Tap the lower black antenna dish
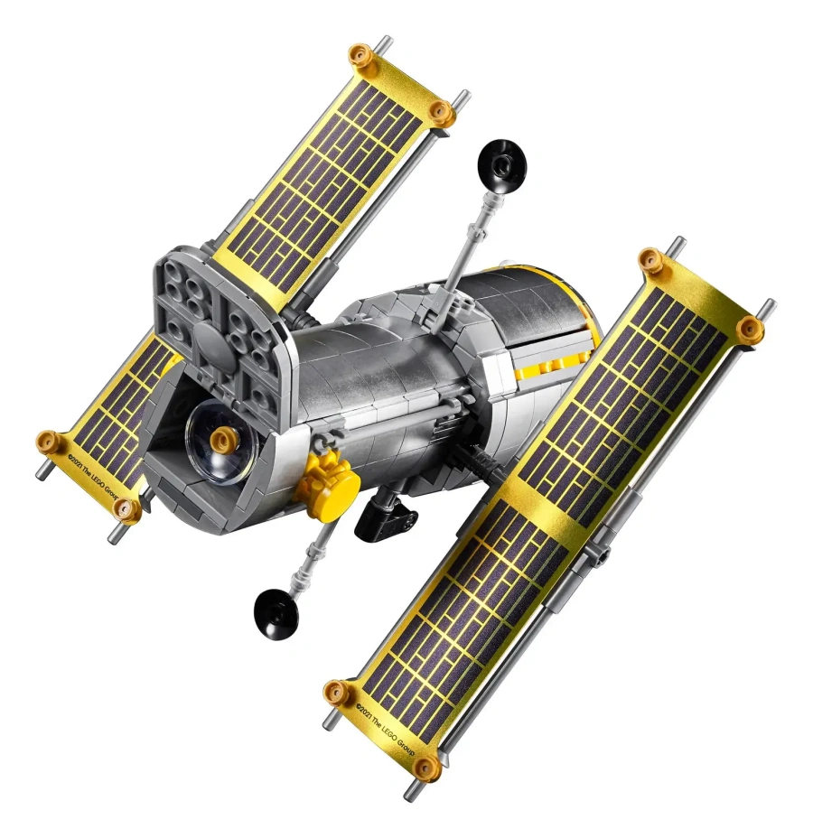click(x=276, y=610)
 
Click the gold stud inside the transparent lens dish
click(x=221, y=440)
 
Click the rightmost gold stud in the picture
click(x=749, y=331)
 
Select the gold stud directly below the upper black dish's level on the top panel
click(x=440, y=111)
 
